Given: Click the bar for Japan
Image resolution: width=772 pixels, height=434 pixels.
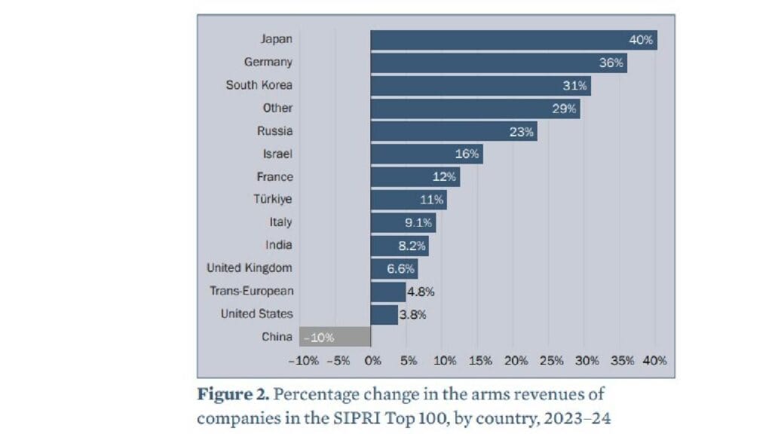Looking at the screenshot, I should [513, 40].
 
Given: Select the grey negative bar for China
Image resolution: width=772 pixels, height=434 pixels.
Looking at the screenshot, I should [335, 337].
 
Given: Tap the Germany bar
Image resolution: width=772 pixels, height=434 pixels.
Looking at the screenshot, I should [498, 63].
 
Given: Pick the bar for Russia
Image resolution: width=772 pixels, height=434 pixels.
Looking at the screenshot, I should [452, 131].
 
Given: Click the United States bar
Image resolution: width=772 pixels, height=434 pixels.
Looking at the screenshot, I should [384, 314].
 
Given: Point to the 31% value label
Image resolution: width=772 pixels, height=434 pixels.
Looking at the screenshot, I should [574, 86].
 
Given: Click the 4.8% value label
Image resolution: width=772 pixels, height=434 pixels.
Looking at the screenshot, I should [421, 292].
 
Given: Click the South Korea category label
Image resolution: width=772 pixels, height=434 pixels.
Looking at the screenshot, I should [259, 85].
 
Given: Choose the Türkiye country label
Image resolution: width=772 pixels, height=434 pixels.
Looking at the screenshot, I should [272, 200].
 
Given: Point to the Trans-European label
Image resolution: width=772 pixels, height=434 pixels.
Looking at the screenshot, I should [251, 291].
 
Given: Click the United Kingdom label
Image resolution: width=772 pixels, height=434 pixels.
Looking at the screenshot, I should [249, 267].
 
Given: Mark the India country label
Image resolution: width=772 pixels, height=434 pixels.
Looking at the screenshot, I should [278, 245].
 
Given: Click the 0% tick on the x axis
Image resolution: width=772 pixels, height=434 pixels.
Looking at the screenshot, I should [372, 360].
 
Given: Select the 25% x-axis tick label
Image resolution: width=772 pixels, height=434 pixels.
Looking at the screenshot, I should [552, 360].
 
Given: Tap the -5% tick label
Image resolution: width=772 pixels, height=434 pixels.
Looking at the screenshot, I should [339, 360].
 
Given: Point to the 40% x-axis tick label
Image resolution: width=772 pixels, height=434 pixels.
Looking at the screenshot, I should [654, 360].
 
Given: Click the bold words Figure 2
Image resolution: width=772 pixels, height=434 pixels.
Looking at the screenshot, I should [229, 394].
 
